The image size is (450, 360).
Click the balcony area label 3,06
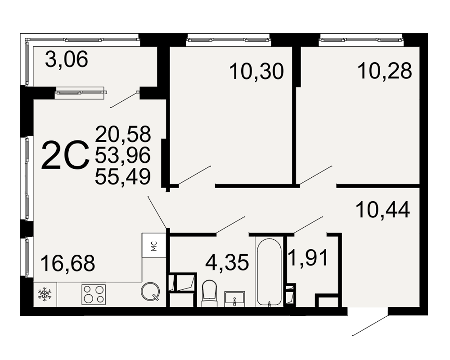(66, 59)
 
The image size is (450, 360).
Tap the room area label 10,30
(256, 71)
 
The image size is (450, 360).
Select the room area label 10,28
(385, 71)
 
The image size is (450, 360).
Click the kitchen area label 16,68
(68, 263)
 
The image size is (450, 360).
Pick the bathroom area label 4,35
(227, 262)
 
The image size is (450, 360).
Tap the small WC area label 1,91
(309, 257)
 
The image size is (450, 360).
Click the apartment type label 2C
(65, 155)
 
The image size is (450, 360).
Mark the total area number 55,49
(123, 176)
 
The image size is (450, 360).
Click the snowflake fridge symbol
(45, 295)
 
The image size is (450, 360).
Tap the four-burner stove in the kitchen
(94, 295)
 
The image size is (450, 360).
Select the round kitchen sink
(150, 292)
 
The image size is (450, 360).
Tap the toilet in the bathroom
(209, 293)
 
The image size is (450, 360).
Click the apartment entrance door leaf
(370, 325)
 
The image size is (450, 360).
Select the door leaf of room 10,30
(195, 175)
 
